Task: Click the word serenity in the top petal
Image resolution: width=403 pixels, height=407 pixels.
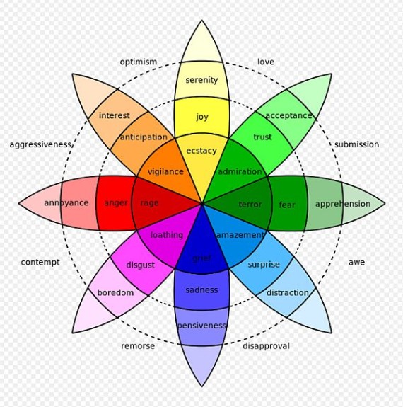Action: click(x=201, y=80)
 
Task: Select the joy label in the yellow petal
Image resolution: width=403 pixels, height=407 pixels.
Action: click(x=202, y=117)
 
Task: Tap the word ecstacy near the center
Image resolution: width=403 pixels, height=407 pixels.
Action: click(x=201, y=151)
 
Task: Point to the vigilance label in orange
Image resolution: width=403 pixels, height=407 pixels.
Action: click(x=165, y=171)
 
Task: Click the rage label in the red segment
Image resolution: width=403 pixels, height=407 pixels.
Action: click(x=149, y=203)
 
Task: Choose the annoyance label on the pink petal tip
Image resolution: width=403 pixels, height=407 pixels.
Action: click(x=66, y=203)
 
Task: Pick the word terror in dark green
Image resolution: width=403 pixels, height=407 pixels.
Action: click(x=250, y=204)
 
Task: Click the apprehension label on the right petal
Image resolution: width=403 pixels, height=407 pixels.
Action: click(x=342, y=204)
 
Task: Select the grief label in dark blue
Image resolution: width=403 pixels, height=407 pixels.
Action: click(x=201, y=258)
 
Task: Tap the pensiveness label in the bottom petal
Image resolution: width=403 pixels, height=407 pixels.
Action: click(x=201, y=326)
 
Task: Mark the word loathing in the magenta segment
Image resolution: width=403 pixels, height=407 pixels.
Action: click(x=166, y=235)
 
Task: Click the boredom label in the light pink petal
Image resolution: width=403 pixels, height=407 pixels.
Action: click(x=115, y=292)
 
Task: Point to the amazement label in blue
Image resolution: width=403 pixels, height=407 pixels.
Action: click(x=240, y=235)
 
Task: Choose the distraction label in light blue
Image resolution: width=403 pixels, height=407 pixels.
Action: click(x=287, y=292)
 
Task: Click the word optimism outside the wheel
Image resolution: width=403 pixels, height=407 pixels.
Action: click(x=139, y=62)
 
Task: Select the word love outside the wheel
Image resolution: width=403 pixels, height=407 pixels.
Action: click(x=266, y=62)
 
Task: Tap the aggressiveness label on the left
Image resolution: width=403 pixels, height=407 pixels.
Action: click(x=41, y=144)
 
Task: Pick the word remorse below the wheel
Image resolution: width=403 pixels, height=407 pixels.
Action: click(x=137, y=346)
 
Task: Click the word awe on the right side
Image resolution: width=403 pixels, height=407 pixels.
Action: click(x=356, y=262)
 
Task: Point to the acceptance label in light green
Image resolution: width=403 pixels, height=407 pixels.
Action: click(x=288, y=115)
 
